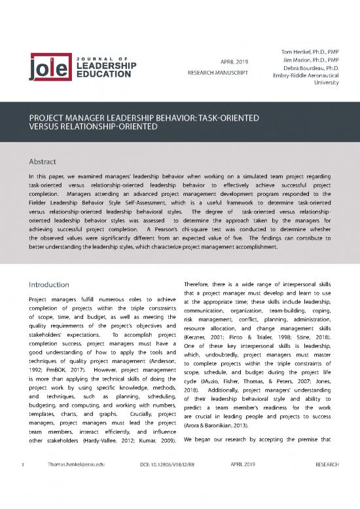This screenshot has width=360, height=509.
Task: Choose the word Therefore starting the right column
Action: [201, 284]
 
